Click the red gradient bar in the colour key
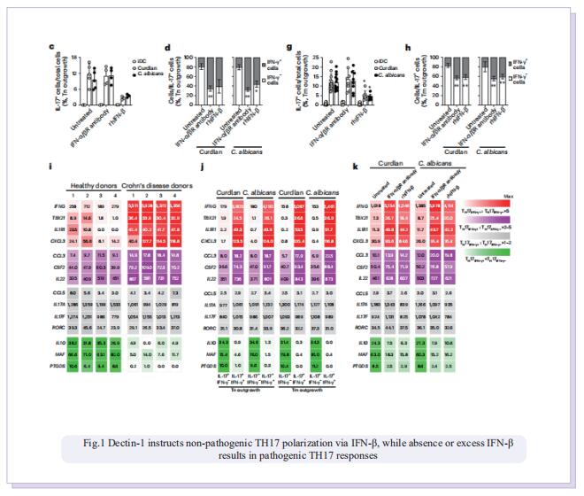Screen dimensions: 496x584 click(496, 205)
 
